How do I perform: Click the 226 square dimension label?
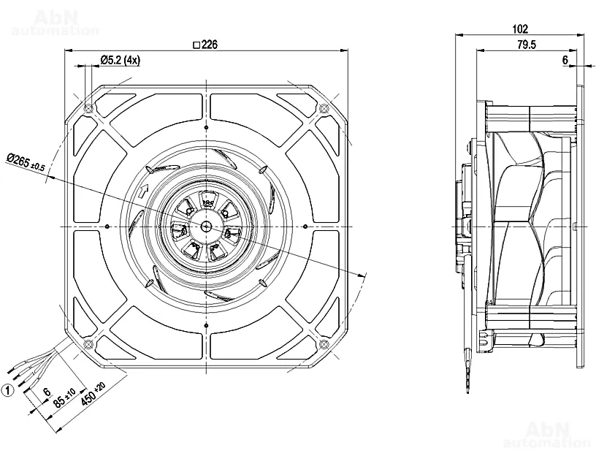205,44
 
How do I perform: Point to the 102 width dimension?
520,29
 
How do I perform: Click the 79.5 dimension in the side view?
527,45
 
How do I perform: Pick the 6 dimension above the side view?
565,61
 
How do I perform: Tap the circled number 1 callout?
8,391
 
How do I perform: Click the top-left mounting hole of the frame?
88,109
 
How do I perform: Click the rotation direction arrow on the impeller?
142,192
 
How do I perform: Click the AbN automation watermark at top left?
55,23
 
